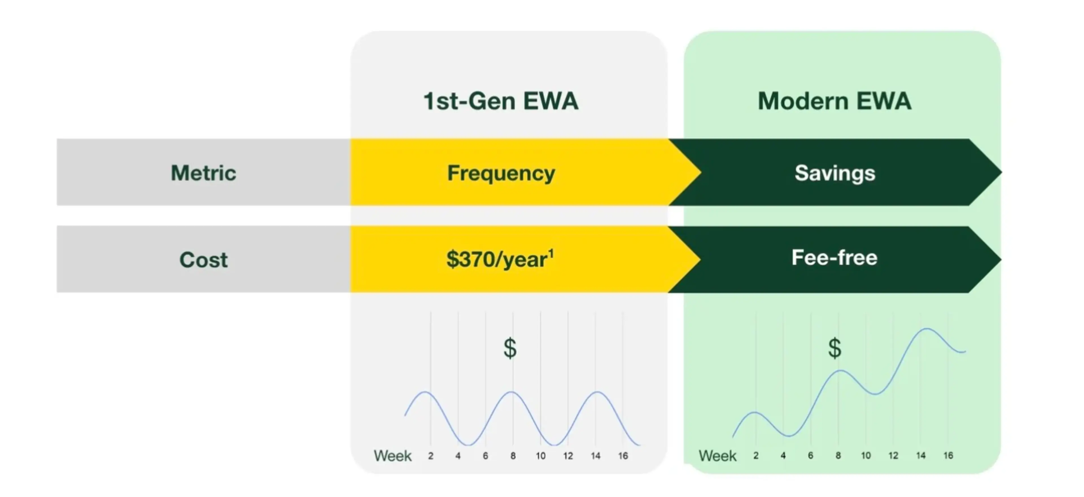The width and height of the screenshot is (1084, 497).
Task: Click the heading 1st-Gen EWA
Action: (x=501, y=101)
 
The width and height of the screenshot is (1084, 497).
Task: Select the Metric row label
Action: (x=204, y=173)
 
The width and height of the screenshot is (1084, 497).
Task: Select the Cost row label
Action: (x=204, y=259)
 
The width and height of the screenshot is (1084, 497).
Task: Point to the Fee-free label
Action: (x=834, y=257)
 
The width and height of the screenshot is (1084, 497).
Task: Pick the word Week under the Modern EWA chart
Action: (x=718, y=456)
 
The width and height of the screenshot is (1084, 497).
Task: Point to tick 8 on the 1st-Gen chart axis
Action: (x=513, y=456)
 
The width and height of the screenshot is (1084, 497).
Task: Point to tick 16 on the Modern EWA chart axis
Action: (x=948, y=455)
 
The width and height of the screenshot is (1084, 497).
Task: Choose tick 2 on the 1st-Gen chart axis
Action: (x=430, y=456)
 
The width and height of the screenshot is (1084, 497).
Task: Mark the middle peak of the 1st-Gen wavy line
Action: (x=511, y=392)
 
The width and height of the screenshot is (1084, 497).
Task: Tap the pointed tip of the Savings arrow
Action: (x=1002, y=172)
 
